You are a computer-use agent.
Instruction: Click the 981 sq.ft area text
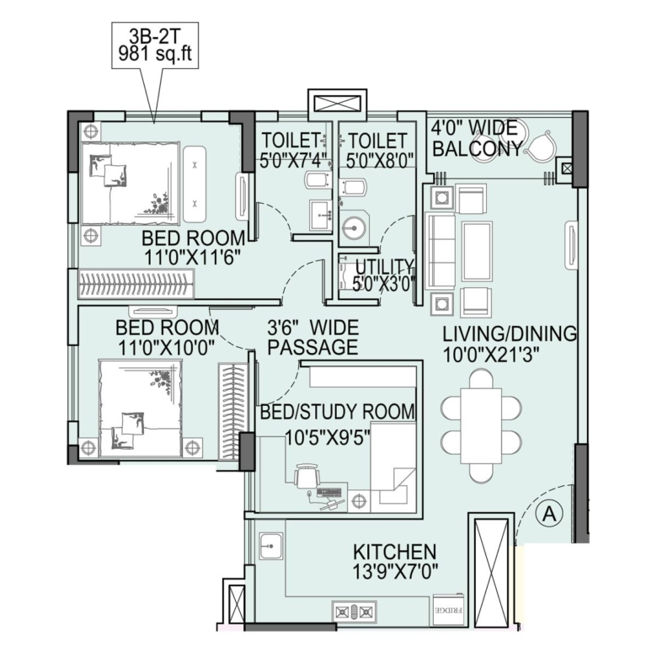(155, 54)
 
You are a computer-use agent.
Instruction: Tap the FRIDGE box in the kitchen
(448, 610)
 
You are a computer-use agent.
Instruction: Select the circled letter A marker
(549, 513)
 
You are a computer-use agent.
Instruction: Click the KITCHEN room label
(395, 552)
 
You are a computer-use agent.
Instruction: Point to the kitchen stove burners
(355, 612)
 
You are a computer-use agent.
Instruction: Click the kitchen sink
(270, 546)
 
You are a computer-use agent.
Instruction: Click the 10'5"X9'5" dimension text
(328, 438)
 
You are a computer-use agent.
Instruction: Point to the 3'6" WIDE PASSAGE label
(313, 338)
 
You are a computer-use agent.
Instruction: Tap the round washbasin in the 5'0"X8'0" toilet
(353, 228)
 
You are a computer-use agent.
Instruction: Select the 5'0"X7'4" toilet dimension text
(292, 160)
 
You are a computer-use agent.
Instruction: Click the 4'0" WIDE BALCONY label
(478, 138)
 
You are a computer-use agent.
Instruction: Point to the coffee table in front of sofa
(478, 252)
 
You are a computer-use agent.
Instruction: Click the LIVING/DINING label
(510, 334)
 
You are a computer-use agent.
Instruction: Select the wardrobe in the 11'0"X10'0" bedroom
(232, 412)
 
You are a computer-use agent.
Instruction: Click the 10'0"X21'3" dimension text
(490, 355)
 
